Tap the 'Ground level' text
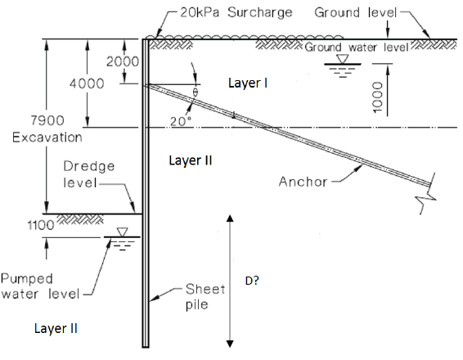pos(355,14)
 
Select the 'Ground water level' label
pos(357,47)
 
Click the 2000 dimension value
pos(122,63)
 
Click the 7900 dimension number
pos(29,121)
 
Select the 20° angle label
pos(180,122)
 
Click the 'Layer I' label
pos(249,83)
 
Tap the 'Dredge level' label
pos(89,173)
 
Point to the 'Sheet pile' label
pos(200,296)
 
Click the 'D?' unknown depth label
pos(253,280)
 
